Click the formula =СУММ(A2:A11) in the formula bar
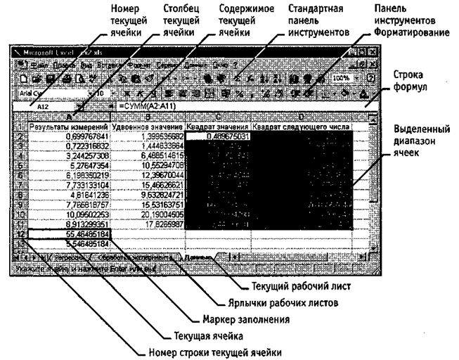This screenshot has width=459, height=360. pos(151,105)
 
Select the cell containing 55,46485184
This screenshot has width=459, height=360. pos(70,231)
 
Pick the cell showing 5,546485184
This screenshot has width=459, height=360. pos(70,241)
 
